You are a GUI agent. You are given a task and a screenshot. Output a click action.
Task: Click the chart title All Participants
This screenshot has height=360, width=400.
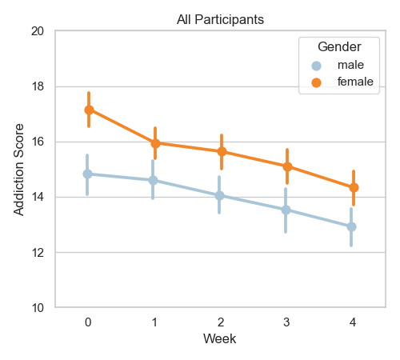tap(220, 19)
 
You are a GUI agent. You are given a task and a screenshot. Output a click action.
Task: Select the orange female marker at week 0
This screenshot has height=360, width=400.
tap(89, 110)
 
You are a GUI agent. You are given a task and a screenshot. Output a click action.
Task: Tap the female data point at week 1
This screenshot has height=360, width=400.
tap(155, 143)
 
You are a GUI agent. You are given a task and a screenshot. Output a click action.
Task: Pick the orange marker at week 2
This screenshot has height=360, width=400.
tap(222, 152)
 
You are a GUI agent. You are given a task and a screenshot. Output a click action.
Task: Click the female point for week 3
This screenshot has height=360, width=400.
tap(287, 166)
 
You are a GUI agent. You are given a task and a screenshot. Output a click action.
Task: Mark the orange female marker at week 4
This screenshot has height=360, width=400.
tap(354, 187)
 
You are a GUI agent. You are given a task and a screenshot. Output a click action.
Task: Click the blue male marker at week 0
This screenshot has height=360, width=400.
tap(87, 174)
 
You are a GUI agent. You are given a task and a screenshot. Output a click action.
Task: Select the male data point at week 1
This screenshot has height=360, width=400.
tap(153, 180)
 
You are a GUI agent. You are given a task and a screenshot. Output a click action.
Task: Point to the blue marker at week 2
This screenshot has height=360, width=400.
tap(219, 195)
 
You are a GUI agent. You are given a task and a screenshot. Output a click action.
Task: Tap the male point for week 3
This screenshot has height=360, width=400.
tap(286, 210)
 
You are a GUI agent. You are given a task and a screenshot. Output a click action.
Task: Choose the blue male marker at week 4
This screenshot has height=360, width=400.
tap(351, 227)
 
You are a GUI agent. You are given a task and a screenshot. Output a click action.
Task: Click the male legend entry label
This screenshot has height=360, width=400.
tap(350, 65)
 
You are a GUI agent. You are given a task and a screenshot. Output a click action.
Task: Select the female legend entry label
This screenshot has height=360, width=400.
tap(355, 82)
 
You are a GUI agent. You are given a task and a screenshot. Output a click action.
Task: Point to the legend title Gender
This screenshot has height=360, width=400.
tap(339, 47)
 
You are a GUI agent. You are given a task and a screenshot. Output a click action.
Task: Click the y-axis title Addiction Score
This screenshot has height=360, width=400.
tap(19, 170)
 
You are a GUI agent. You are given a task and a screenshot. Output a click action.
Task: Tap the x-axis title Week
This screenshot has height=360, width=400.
tap(219, 338)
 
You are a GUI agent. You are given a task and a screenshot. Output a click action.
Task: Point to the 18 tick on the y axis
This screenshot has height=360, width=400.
tap(38, 86)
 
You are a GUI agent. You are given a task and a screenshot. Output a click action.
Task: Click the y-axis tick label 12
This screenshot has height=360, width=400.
tap(38, 253)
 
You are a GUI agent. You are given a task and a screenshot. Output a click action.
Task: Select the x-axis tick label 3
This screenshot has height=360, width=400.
tap(286, 322)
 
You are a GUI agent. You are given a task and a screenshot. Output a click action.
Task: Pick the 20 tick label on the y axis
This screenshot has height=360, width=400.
tap(38, 31)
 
